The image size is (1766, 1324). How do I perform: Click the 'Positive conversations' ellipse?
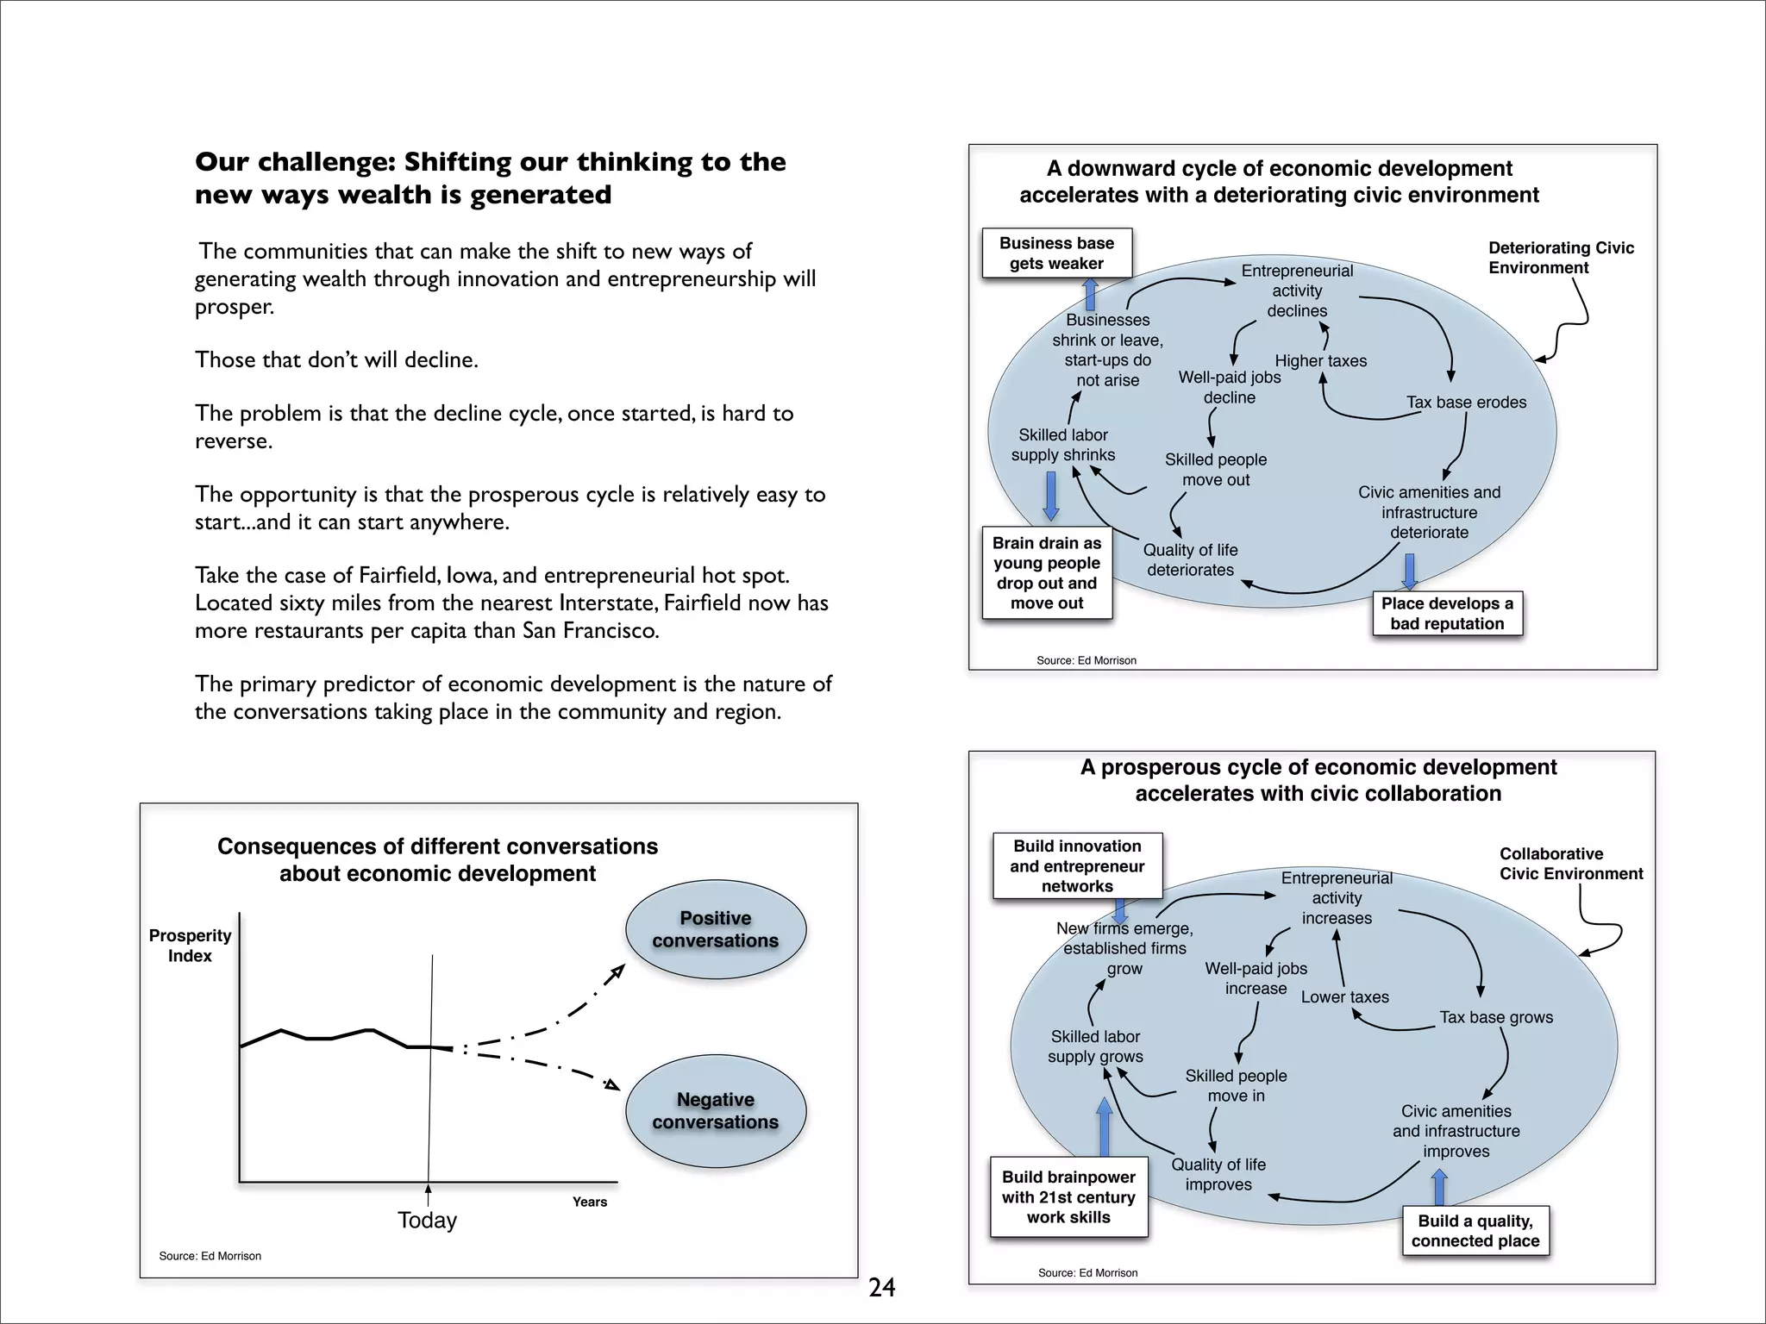point(715,929)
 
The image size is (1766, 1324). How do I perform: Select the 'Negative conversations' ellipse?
point(715,1110)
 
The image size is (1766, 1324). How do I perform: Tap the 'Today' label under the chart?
point(427,1221)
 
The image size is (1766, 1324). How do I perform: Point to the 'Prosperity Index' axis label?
point(190,946)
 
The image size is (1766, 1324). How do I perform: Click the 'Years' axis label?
point(590,1202)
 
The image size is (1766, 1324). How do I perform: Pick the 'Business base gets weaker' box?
point(1056,253)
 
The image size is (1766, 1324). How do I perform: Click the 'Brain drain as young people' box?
point(1047,573)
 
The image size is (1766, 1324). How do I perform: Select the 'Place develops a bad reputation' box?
point(1447,614)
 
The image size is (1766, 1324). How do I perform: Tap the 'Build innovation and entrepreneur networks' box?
point(1077,866)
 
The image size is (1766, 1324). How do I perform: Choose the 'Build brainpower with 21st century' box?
point(1068,1197)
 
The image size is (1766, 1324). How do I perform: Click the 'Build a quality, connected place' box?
point(1475,1231)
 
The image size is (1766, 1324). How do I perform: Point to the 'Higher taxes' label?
point(1320,361)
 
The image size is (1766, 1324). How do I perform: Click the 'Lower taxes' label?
point(1344,997)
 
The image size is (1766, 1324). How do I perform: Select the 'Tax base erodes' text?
point(1466,403)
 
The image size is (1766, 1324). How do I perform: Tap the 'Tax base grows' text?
point(1496,1017)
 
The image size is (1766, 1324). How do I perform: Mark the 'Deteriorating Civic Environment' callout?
point(1561,258)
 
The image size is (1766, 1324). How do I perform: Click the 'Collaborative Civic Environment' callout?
point(1570,864)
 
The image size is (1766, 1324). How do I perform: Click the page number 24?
point(881,1288)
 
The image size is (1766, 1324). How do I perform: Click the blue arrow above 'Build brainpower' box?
point(1104,1127)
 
